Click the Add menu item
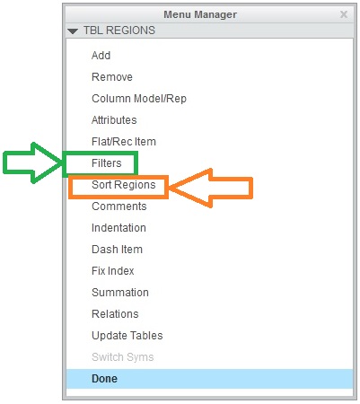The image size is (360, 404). click(x=101, y=56)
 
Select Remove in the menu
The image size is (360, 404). click(x=112, y=77)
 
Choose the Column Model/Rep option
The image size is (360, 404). click(x=139, y=99)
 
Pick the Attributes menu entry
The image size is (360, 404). click(x=114, y=120)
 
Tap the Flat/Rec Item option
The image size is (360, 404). click(x=124, y=142)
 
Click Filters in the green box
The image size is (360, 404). click(x=107, y=163)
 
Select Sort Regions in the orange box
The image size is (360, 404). click(x=124, y=185)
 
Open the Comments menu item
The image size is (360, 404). click(x=119, y=206)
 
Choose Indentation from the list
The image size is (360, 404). click(x=119, y=228)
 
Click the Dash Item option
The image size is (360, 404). click(x=117, y=250)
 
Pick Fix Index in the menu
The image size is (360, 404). click(x=113, y=271)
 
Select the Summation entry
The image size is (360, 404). click(x=120, y=293)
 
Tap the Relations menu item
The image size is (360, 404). click(x=115, y=314)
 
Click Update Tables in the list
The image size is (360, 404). click(x=127, y=336)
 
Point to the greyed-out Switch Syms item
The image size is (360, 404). click(x=123, y=357)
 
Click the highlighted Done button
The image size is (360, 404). click(x=104, y=379)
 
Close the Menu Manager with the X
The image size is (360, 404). click(x=344, y=14)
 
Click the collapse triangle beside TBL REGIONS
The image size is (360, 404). click(x=73, y=31)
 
